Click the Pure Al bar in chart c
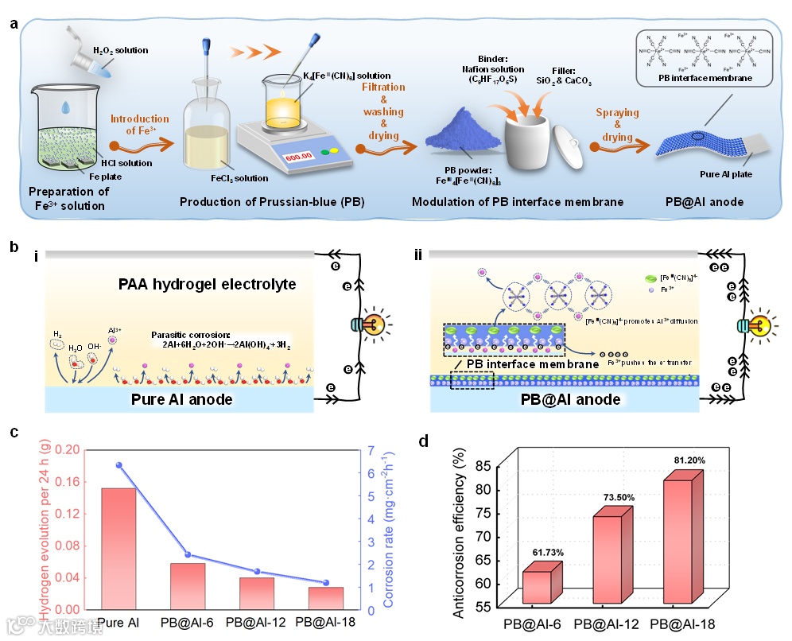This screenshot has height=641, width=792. pyautogui.click(x=118, y=549)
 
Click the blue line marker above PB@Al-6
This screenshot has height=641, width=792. pyautogui.click(x=188, y=555)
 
